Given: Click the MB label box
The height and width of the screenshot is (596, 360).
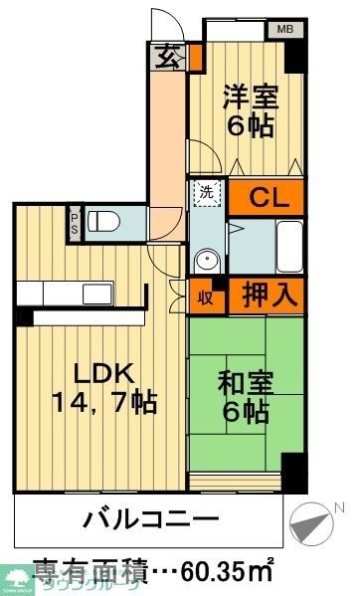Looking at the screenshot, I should click(x=283, y=31).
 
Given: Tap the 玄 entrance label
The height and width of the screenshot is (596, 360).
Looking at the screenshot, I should click(x=167, y=59).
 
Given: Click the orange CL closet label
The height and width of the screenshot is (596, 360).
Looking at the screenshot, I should click(x=268, y=196).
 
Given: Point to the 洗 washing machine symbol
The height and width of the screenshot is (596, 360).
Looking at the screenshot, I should click(x=204, y=190).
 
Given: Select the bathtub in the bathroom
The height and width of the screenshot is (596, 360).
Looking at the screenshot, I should click(x=287, y=244).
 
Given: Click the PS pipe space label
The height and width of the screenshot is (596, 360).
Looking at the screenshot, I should click(x=74, y=220).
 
